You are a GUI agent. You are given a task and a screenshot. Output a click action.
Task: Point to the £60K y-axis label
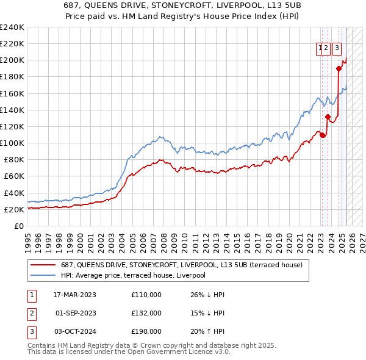(x=13, y=176)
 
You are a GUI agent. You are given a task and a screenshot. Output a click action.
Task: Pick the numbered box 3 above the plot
(x=337, y=50)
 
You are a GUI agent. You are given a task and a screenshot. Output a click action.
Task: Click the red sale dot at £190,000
(x=339, y=69)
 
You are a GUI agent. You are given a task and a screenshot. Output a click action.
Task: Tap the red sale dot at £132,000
(x=328, y=117)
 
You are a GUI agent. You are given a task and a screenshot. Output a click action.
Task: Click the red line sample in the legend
(x=43, y=265)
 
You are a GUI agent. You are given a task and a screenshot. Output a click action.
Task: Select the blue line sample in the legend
(x=43, y=275)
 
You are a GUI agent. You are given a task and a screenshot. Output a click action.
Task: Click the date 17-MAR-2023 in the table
(x=75, y=295)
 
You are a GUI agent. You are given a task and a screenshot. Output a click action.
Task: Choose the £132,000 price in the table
(x=146, y=313)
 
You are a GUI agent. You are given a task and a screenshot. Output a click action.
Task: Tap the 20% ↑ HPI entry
(x=207, y=332)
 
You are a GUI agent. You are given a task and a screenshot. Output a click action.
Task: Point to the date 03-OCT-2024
(x=75, y=332)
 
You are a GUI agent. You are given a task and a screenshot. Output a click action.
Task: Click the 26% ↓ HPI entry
(x=207, y=295)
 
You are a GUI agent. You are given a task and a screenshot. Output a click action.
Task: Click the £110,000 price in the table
(x=146, y=295)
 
